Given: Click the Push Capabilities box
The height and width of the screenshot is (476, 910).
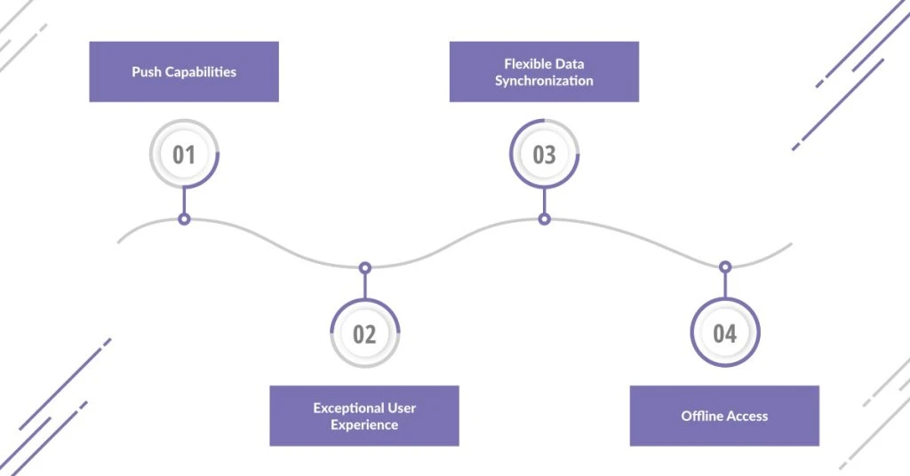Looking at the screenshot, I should (x=184, y=72).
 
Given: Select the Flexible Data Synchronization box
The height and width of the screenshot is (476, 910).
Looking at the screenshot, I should (x=544, y=72).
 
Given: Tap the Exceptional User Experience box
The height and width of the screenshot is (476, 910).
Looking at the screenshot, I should (x=364, y=416).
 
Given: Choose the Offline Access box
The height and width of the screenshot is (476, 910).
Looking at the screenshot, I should (x=724, y=416).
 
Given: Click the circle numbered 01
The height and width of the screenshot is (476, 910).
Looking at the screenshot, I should (x=184, y=155).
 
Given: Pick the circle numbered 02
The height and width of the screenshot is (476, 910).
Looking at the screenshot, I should (x=364, y=334).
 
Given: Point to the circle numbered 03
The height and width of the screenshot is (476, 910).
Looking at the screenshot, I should (x=544, y=155).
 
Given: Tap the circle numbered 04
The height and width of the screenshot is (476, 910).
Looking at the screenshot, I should (x=725, y=333).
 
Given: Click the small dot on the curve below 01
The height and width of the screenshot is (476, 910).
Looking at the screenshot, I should (x=184, y=218).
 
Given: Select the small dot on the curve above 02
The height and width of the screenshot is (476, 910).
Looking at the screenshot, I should (x=364, y=266).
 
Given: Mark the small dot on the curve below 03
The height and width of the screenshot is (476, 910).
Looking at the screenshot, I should (x=544, y=218).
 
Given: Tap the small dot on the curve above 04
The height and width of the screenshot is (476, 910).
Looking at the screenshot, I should (x=725, y=266).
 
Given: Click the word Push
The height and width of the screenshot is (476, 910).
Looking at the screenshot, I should (x=147, y=72).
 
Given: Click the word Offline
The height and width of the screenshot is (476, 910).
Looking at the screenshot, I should (x=701, y=416).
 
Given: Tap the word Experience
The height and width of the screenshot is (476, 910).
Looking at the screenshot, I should (x=364, y=424).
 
